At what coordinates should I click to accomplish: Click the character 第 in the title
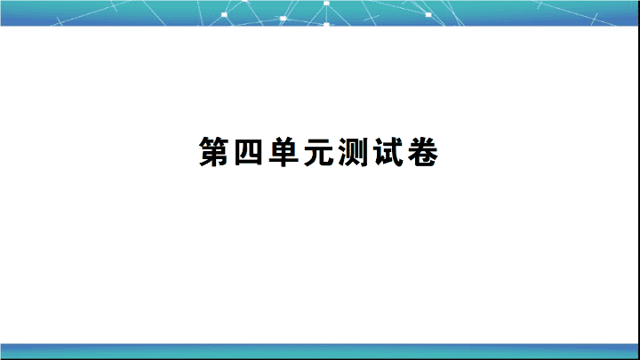point(214,152)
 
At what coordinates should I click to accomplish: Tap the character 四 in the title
point(249,152)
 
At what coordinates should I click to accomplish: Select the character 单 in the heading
point(284,152)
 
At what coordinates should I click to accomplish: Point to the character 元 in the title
point(319,152)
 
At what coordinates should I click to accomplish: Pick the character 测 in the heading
point(354,152)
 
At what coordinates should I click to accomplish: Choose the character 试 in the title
point(388,152)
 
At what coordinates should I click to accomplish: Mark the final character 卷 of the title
point(423,152)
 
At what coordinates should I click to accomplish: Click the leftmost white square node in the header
point(224,15)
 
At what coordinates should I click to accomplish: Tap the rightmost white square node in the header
point(428,15)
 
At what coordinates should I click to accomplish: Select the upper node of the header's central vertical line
point(326,4)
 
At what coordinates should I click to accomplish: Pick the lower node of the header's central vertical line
point(326,25)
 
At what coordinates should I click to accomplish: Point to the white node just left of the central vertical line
point(284,19)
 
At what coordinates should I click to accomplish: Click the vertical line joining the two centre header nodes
point(326,14)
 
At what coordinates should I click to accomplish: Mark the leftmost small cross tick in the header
point(60,21)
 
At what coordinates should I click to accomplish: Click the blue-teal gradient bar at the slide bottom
point(320,351)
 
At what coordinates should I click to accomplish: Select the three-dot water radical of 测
point(342,152)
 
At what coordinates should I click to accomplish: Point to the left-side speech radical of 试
point(379,152)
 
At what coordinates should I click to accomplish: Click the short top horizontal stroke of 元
point(319,140)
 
